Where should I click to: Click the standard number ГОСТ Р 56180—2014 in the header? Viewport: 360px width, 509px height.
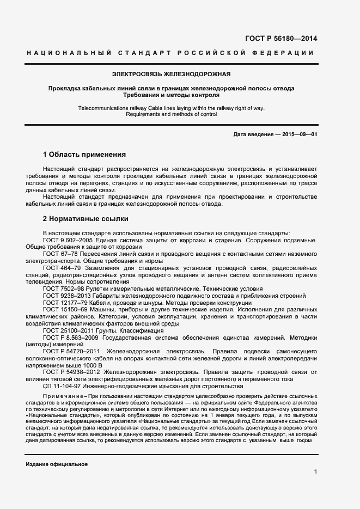[282, 39]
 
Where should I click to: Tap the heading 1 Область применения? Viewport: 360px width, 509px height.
[84, 154]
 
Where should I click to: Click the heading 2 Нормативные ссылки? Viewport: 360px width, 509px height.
[86, 219]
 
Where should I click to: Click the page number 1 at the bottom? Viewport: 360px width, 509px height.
[315, 471]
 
